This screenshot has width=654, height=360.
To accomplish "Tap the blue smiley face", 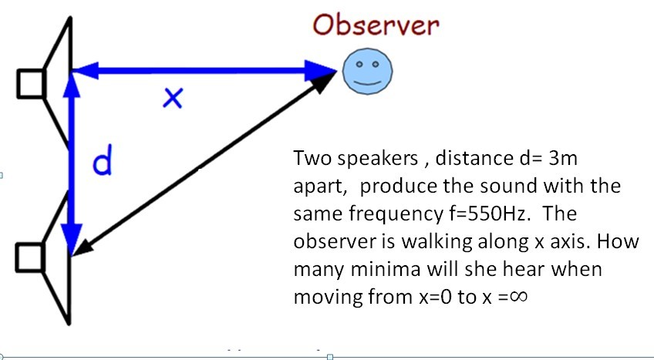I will pyautogui.click(x=367, y=71).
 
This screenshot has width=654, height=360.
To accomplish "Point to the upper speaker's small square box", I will pyautogui.click(x=31, y=82).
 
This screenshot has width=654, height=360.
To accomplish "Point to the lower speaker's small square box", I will pyautogui.click(x=31, y=257).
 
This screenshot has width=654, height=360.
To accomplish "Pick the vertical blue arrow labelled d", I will pyautogui.click(x=72, y=162).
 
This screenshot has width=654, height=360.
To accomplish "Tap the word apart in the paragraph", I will pyautogui.click(x=318, y=187).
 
